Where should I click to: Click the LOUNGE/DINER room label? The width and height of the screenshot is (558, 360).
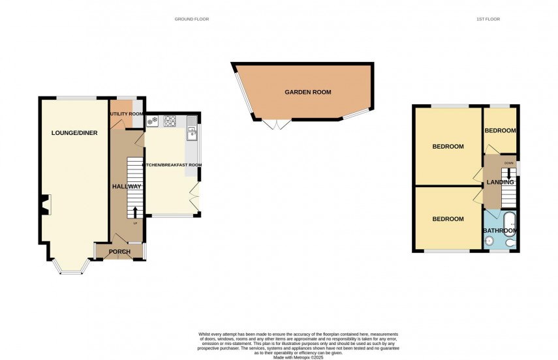[x=74, y=133]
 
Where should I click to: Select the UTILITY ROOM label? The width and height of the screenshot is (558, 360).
[x=126, y=114]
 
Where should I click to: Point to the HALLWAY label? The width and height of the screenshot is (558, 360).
[x=126, y=187]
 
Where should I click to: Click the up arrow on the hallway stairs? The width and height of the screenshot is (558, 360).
[x=135, y=211]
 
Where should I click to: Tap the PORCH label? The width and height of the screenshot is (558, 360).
[x=119, y=252]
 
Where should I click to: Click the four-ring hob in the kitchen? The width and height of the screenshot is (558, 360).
[x=170, y=120]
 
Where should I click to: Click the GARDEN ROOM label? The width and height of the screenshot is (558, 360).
[x=307, y=93]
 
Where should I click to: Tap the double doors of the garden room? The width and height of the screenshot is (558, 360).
[x=276, y=124]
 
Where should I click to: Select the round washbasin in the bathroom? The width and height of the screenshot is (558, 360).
[x=489, y=241]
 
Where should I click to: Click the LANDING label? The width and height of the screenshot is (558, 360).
[x=499, y=182]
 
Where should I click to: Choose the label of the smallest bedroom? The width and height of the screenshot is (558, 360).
[x=500, y=130]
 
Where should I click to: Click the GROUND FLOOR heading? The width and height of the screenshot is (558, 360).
[x=191, y=19]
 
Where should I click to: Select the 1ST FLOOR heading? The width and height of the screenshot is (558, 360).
[x=488, y=19]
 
